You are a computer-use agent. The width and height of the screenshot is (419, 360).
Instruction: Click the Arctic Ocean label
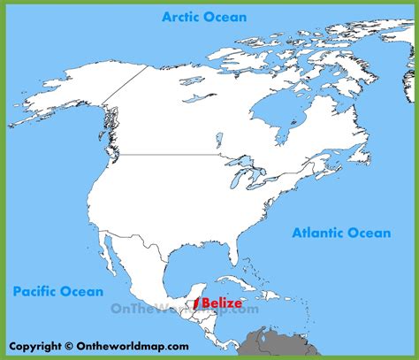tap(203, 17)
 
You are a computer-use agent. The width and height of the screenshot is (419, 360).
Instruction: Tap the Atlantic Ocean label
tap(340, 233)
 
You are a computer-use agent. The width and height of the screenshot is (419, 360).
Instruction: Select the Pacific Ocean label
tap(58, 291)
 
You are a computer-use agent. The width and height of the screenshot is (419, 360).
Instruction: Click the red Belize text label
tap(221, 303)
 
